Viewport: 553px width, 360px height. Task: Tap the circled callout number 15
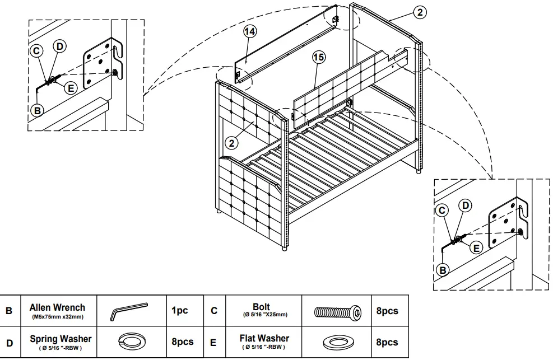(318, 57)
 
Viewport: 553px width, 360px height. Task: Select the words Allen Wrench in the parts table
(57, 307)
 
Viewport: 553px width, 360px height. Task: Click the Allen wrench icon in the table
(128, 311)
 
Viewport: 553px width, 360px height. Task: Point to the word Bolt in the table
(261, 307)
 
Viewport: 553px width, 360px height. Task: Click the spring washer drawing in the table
(128, 342)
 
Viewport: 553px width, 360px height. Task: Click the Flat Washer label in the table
(264, 339)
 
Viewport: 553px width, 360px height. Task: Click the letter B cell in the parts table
(10, 311)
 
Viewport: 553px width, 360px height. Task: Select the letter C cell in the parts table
(214, 311)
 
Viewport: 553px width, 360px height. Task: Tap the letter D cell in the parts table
(10, 342)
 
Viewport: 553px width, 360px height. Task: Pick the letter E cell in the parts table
(214, 342)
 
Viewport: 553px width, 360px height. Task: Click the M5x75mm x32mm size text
(57, 316)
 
